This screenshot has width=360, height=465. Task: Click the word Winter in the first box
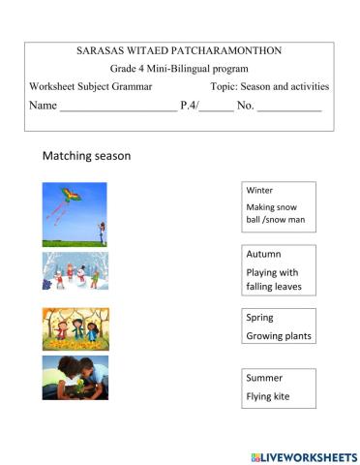(x=259, y=190)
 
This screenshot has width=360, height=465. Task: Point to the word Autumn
(x=263, y=254)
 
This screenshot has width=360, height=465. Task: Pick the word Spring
(x=260, y=317)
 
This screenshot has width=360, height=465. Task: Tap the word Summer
(x=265, y=378)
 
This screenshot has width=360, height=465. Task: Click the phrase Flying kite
(x=268, y=396)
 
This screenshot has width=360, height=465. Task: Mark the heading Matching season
(x=86, y=155)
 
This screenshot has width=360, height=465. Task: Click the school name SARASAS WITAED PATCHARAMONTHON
(x=179, y=49)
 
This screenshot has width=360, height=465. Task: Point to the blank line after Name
(x=118, y=108)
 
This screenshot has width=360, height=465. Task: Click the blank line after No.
(x=289, y=108)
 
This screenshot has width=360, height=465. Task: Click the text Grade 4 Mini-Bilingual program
(x=179, y=68)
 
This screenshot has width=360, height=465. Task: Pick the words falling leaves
(x=275, y=287)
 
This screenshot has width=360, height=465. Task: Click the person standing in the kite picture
(x=102, y=232)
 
